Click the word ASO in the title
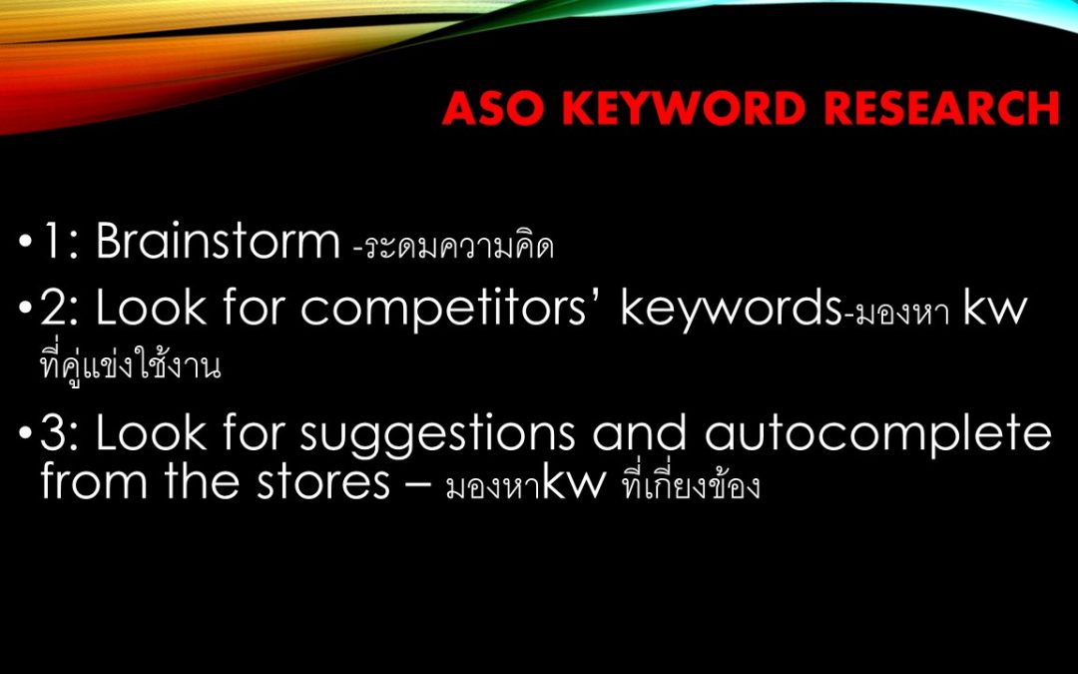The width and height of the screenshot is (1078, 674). tap(495, 108)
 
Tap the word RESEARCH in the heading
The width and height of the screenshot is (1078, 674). tap(942, 108)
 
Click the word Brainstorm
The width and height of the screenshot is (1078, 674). tap(218, 241)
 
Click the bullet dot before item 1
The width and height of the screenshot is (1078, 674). tap(25, 243)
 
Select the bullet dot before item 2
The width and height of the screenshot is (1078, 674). tap(25, 310)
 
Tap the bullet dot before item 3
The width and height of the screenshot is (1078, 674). tap(25, 434)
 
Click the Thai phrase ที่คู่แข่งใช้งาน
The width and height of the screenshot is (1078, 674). tap(131, 364)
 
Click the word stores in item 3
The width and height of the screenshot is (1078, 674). tap(322, 482)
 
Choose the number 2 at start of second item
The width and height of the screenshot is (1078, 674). tap(54, 309)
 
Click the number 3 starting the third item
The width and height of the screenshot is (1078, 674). tap(54, 432)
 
